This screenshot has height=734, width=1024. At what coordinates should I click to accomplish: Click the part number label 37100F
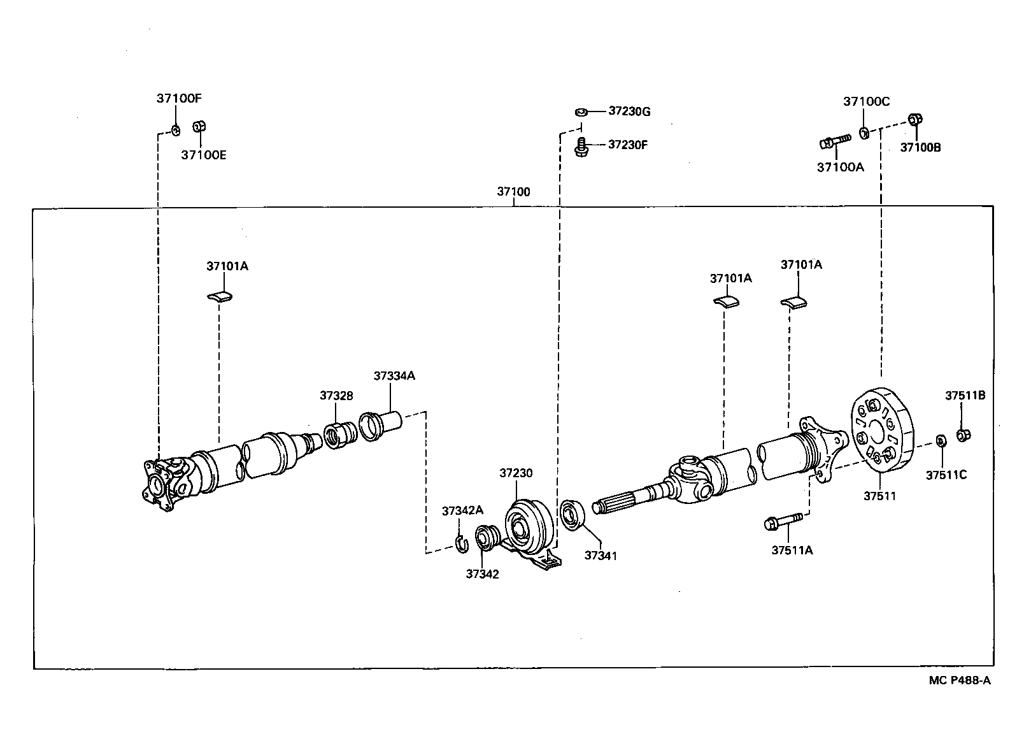[x=179, y=99]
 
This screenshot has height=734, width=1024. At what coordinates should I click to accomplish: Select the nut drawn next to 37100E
[x=198, y=126]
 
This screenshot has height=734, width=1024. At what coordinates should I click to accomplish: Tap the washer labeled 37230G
[x=580, y=112]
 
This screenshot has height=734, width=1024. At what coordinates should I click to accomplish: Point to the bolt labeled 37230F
[x=580, y=147]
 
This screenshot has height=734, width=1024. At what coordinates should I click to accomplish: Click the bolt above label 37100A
[x=835, y=141]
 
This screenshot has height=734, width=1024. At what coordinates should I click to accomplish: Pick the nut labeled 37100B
[x=915, y=119]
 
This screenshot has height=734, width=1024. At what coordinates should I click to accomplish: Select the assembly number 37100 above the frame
[x=513, y=191]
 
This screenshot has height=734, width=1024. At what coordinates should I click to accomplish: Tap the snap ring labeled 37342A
[x=462, y=543]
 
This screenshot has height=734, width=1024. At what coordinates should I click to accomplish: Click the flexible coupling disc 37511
[x=881, y=431]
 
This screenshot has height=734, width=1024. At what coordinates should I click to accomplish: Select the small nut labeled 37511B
[x=964, y=435]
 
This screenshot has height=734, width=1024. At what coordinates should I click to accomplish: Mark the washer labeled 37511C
[x=940, y=441]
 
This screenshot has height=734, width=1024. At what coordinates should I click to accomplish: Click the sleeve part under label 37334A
[x=380, y=425]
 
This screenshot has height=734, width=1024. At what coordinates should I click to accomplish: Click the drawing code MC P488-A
[x=959, y=680]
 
